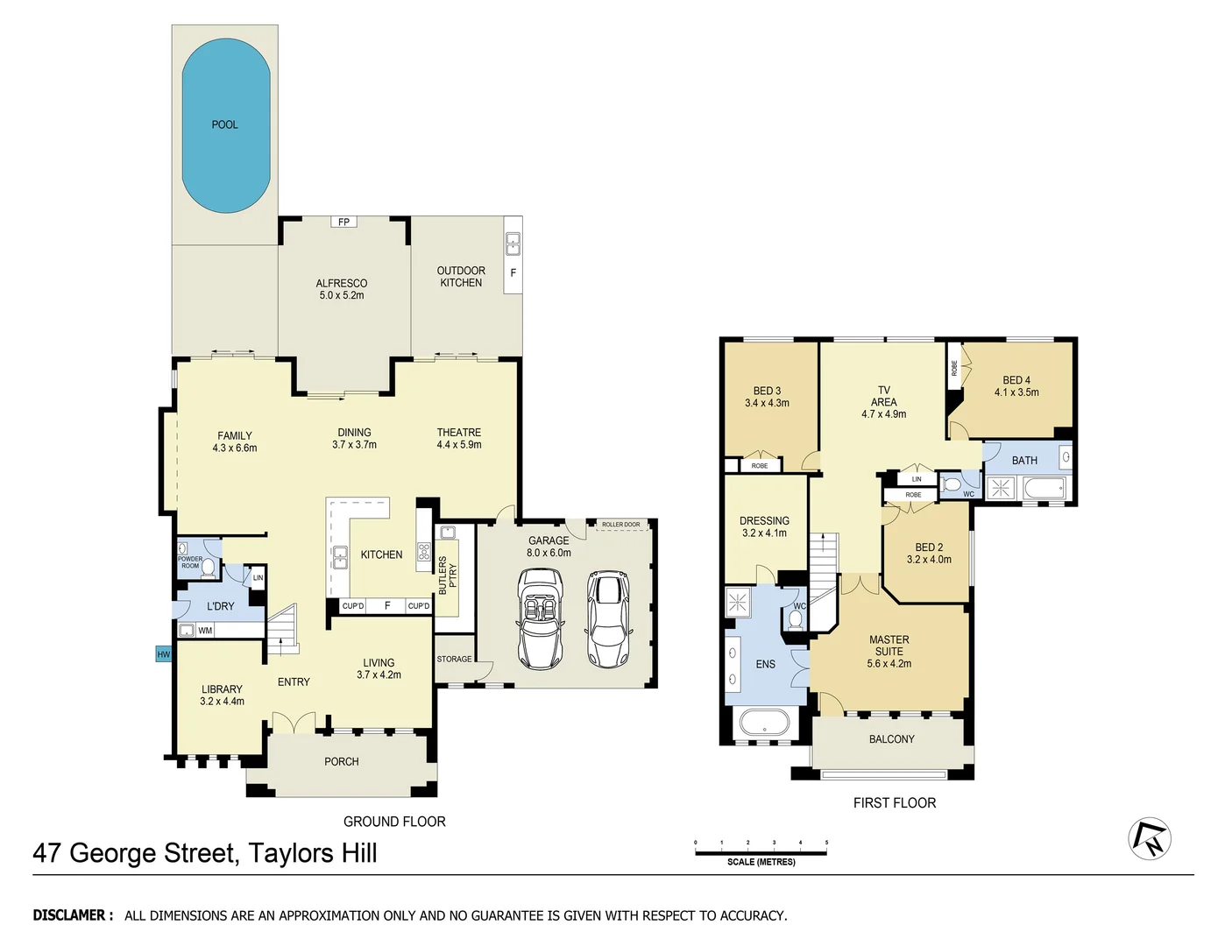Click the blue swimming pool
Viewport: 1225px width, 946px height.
225,125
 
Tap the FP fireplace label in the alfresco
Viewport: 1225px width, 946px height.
343,222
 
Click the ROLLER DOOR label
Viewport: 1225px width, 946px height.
620,525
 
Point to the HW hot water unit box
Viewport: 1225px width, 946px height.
163,654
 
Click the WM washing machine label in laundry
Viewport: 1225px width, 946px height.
205,631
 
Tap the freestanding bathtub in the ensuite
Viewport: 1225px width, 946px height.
764,724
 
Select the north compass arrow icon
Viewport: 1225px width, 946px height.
1150,839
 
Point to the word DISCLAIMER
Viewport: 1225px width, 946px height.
73,915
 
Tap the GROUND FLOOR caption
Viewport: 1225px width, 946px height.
394,822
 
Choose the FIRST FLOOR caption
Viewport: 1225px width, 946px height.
894,803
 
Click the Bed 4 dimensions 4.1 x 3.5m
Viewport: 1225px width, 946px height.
1016,392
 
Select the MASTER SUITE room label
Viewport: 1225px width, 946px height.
889,646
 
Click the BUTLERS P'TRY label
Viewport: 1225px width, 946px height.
447,575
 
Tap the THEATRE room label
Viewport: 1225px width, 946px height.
458,433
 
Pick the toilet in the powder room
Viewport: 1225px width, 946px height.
209,568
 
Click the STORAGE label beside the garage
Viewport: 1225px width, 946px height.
454,660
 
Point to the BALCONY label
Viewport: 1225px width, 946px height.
891,739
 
